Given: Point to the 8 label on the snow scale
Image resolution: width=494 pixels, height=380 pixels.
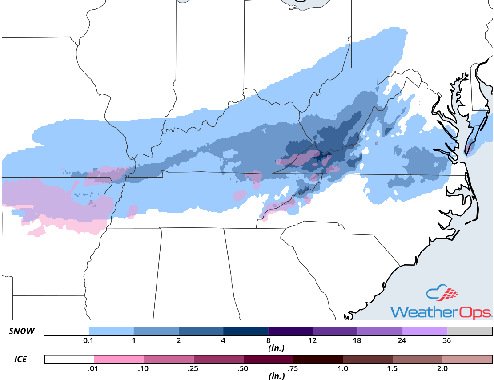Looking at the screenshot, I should [268, 341].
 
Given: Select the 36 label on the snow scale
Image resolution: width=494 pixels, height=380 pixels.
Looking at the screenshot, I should [447, 341].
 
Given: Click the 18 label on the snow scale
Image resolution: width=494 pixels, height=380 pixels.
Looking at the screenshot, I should [357, 341].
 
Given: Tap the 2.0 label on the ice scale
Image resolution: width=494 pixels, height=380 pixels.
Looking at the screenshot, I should [442, 368].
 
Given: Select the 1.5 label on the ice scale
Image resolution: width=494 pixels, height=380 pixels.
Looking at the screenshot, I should [393, 368].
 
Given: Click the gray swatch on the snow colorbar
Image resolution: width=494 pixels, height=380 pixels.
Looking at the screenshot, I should [470, 331].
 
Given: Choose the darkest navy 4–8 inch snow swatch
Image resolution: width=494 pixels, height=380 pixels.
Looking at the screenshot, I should [245, 331].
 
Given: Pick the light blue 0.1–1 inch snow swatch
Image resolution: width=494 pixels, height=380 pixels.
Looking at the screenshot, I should [111, 331].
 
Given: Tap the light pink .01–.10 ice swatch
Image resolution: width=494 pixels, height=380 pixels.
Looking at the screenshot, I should [119, 359].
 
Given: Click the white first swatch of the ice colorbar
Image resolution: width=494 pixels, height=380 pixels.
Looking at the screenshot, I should [69, 359].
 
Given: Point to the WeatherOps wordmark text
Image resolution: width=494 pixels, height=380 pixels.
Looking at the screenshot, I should [441, 311].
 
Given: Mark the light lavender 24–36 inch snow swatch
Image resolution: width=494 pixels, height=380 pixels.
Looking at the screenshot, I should [425, 331].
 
